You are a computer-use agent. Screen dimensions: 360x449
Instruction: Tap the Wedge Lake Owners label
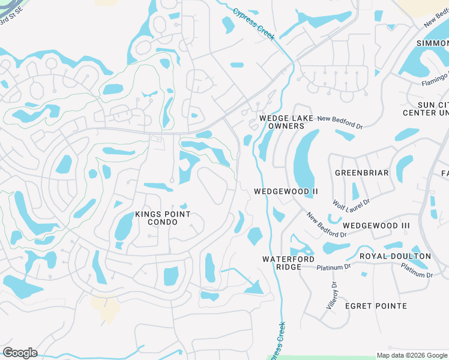pyautogui.click(x=286, y=122)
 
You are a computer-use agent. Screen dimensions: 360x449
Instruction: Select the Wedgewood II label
pyautogui.click(x=286, y=191)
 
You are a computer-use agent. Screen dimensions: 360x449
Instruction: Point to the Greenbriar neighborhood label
pyautogui.click(x=362, y=173)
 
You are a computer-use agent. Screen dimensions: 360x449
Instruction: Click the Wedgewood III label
pyautogui.click(x=376, y=226)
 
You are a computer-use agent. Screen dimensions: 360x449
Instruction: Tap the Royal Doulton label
pyautogui.click(x=395, y=256)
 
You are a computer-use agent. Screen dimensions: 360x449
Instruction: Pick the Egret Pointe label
pyautogui.click(x=376, y=306)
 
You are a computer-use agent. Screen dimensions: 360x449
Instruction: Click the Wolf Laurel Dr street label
pyautogui.click(x=352, y=208)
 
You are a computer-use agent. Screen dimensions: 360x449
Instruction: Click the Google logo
pyautogui.click(x=20, y=353)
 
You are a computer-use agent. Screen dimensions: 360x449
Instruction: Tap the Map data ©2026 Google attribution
pyautogui.click(x=412, y=355)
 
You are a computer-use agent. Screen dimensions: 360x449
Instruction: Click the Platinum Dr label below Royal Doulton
pyautogui.click(x=417, y=271)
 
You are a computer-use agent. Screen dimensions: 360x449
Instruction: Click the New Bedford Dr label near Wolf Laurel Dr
pyautogui.click(x=327, y=224)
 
